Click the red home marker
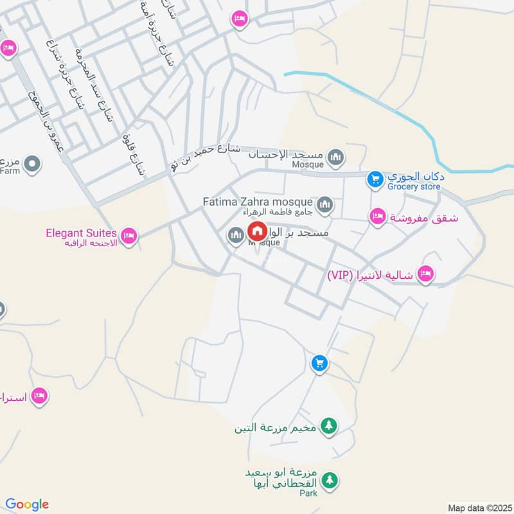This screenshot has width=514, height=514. tap(258, 231)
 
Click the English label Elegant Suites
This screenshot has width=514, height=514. tap(81, 233)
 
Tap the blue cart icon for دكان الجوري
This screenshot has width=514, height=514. tap(375, 180)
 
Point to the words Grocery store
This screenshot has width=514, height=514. tap(413, 187)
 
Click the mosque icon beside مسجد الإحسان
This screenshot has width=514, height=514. tap(335, 156)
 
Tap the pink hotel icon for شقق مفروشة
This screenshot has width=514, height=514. tap(378, 217)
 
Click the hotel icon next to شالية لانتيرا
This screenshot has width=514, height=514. tap(425, 275)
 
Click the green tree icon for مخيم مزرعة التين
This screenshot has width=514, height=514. tap(328, 425)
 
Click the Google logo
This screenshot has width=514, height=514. tap(26, 504)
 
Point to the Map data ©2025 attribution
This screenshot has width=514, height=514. tap(478, 508)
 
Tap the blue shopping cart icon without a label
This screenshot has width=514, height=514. tap(319, 364)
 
